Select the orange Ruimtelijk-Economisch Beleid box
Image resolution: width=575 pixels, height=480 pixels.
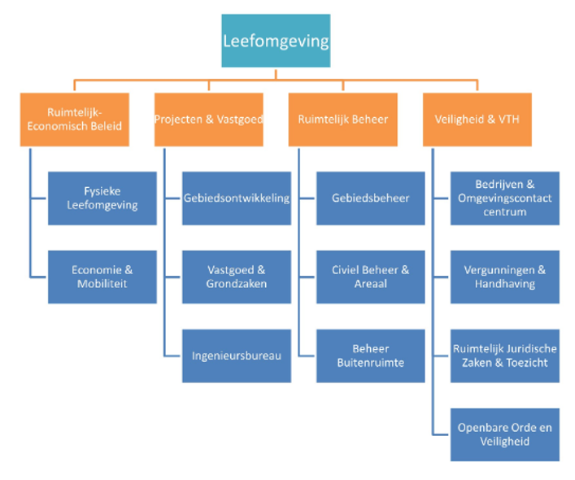pos(75,120)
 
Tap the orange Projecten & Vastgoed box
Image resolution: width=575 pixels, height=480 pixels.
pos(209,120)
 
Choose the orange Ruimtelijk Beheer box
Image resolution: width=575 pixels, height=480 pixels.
pos(342,120)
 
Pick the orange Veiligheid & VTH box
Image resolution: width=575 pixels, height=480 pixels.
pos(477,120)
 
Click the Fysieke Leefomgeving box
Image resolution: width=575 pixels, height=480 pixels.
pos(102,198)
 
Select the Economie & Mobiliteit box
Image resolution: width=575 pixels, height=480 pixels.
pos(102,277)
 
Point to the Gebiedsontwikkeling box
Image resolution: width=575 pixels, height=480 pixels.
pos(236,198)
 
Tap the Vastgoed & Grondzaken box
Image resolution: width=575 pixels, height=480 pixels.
pos(236,277)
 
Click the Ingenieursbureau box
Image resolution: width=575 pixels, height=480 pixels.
pos(236,356)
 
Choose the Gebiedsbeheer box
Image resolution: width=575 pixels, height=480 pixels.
pos(370,198)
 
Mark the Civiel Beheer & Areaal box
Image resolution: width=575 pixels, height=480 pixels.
pos(370,277)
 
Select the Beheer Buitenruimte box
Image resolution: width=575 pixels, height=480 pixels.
pos(370,356)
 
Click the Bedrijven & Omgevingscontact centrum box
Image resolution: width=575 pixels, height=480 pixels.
pos(504,198)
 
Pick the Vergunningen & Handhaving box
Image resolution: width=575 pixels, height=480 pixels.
pos(504,277)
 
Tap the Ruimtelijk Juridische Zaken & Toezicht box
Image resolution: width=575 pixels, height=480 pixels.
pos(504,356)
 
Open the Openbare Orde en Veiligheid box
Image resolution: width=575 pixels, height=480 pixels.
pos(504,434)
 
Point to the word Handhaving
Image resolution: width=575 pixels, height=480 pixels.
pos(504,285)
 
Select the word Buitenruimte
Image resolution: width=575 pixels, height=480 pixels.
pos(370,364)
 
